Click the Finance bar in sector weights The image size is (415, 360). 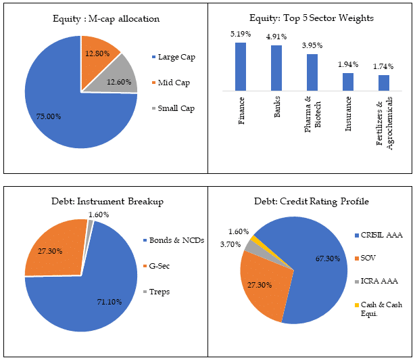241,66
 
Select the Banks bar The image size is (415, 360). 276,68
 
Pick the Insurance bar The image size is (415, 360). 348,81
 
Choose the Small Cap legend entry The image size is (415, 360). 175,108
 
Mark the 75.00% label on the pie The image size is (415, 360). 48,116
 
